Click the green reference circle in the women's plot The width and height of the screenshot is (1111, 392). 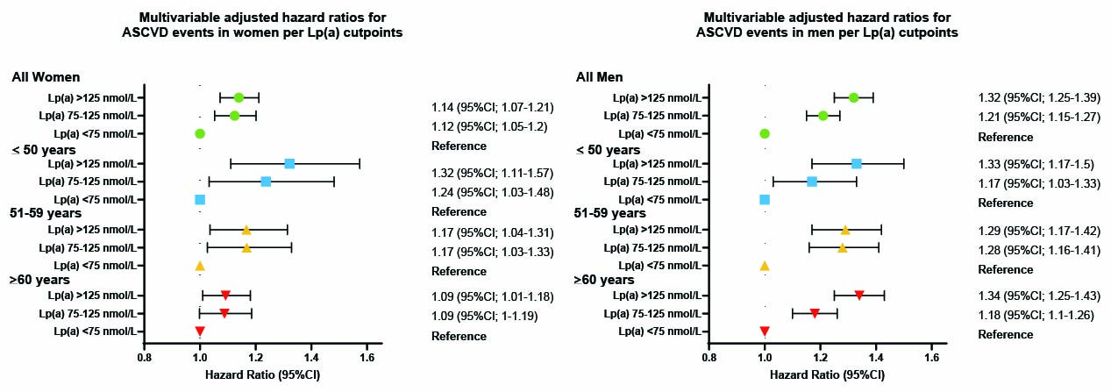[200, 133]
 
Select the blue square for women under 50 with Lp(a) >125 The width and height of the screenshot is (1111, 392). [289, 163]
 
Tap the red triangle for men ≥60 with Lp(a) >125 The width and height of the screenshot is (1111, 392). [858, 296]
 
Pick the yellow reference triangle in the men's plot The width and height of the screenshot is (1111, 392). [765, 265]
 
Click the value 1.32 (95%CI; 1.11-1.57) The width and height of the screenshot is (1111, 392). [492, 174]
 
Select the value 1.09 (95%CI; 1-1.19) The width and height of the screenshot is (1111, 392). [485, 314]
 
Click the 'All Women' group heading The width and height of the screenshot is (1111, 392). [46, 77]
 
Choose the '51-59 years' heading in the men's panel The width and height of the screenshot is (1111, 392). [610, 213]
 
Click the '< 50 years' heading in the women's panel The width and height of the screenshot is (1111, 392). [44, 149]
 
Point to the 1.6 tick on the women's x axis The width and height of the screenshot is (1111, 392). [367, 358]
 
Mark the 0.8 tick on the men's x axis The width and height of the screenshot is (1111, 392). [709, 358]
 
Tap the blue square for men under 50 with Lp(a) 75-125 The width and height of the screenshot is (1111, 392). [812, 182]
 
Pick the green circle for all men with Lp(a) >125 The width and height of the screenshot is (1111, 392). [853, 97]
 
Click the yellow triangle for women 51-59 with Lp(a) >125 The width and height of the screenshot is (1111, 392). [246, 230]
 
